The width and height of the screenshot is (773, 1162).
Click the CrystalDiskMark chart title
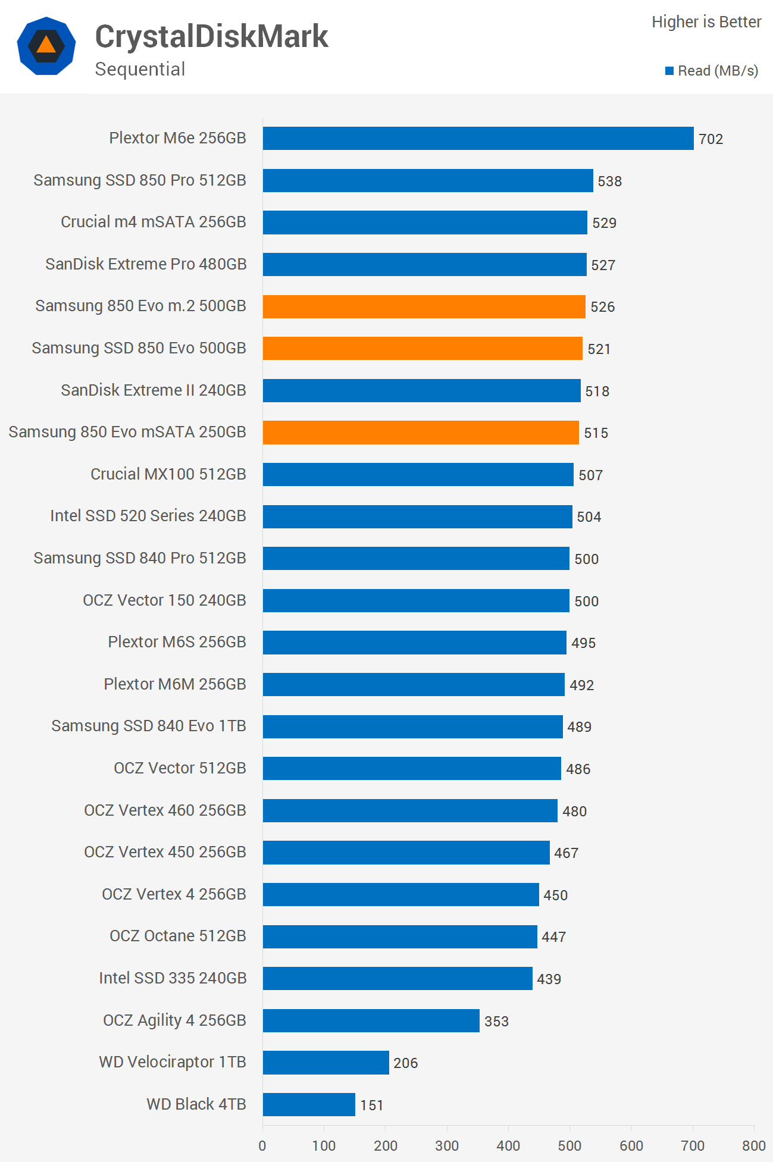(x=211, y=37)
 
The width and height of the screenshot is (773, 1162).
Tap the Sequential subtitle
(x=140, y=69)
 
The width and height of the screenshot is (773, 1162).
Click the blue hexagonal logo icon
(x=46, y=46)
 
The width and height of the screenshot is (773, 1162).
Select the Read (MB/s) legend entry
(x=712, y=71)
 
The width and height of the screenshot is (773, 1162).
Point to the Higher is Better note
(x=706, y=22)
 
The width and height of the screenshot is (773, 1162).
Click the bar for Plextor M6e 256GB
(x=478, y=139)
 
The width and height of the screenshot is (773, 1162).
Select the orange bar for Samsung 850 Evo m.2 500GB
(x=424, y=306)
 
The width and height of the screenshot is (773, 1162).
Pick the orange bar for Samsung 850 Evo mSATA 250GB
(x=421, y=433)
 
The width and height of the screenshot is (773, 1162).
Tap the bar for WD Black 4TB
(x=309, y=1105)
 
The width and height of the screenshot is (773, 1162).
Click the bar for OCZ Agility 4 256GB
(x=371, y=1021)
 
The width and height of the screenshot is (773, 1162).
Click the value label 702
(x=711, y=139)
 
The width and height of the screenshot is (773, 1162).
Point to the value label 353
(x=496, y=1022)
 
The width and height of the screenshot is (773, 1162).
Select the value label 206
(x=405, y=1063)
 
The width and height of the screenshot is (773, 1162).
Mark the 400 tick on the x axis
(x=508, y=1145)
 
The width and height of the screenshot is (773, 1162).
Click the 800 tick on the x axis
(x=754, y=1145)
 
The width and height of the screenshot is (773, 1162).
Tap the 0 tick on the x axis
(x=262, y=1145)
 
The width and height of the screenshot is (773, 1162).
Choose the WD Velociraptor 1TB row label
(x=173, y=1062)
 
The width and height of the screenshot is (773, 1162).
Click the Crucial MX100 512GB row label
(x=168, y=474)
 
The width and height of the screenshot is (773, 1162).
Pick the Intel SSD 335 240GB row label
(x=173, y=978)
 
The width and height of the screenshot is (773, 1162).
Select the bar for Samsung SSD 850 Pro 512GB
(x=428, y=181)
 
